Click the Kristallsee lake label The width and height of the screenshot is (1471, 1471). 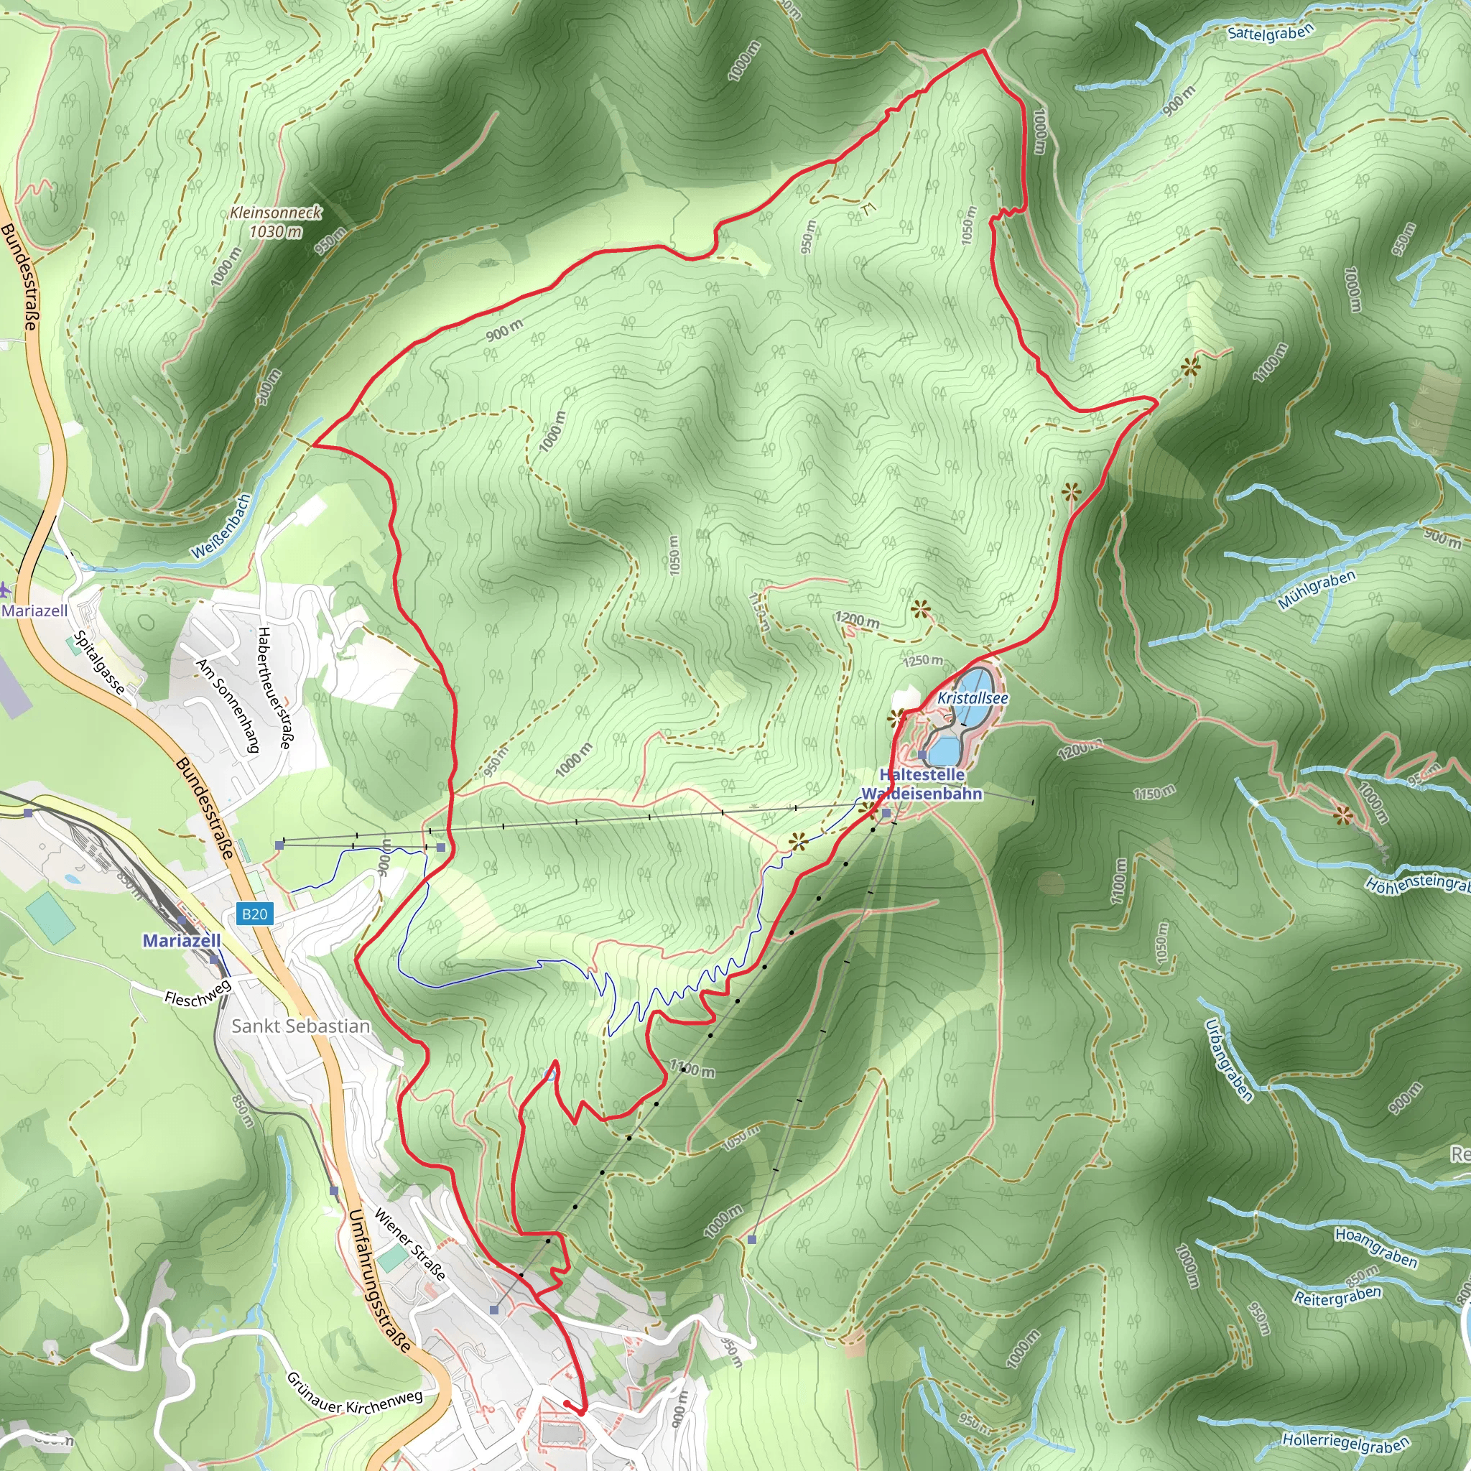click(973, 698)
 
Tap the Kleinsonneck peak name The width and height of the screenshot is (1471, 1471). click(276, 213)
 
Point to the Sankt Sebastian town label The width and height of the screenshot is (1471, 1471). click(301, 1026)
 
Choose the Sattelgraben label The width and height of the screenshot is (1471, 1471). click(1271, 33)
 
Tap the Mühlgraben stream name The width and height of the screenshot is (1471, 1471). click(1317, 589)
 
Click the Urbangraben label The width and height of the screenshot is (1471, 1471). click(1228, 1060)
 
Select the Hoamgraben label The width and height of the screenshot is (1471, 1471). click(1375, 1247)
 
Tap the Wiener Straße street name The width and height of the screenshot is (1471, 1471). click(409, 1243)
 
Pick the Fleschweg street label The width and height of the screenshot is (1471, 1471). click(198, 993)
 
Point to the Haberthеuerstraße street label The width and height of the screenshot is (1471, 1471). click(274, 687)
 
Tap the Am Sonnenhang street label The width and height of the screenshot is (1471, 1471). click(228, 705)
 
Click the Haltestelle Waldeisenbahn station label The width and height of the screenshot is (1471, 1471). click(922, 784)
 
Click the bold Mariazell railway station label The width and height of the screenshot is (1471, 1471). click(182, 940)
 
